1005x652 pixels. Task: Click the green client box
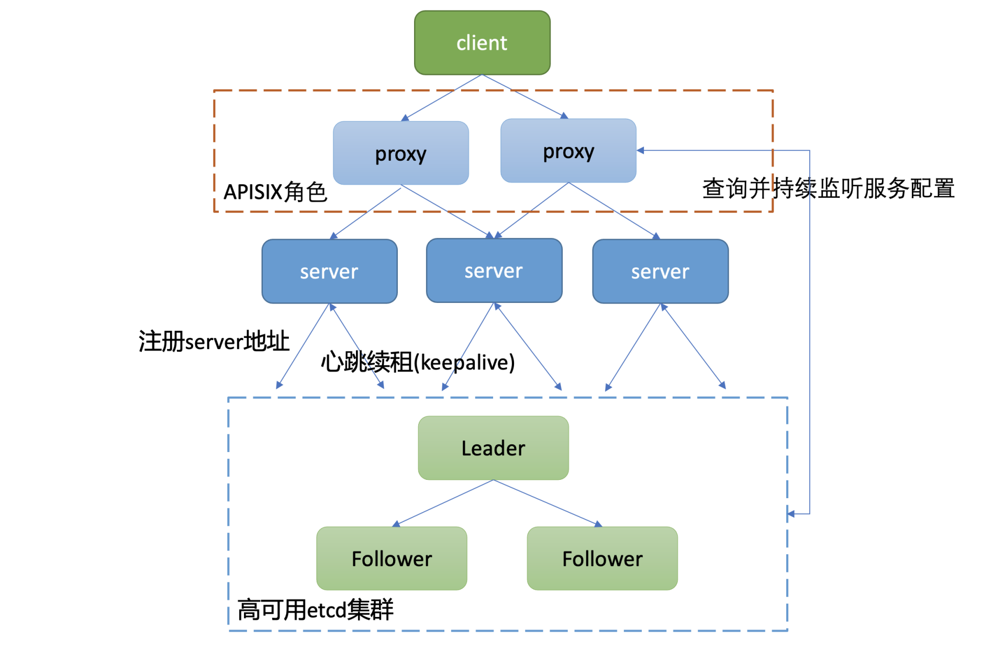[482, 43]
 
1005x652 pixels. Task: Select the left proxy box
[401, 153]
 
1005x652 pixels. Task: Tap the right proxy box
[568, 151]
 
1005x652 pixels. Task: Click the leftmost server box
[329, 272]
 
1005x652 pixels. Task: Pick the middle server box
[494, 271]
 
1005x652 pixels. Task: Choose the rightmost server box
[660, 272]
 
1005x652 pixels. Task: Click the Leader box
[493, 448]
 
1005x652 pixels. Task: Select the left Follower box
[392, 558]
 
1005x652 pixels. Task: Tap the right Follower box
[602, 558]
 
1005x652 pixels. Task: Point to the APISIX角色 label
[275, 192]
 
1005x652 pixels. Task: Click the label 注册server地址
[214, 341]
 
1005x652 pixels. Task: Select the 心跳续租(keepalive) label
[418, 362]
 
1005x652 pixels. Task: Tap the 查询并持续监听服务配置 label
[828, 188]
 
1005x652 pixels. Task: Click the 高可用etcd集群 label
[315, 610]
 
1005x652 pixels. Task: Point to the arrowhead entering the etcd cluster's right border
[791, 514]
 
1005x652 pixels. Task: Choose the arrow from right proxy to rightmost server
[612, 209]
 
